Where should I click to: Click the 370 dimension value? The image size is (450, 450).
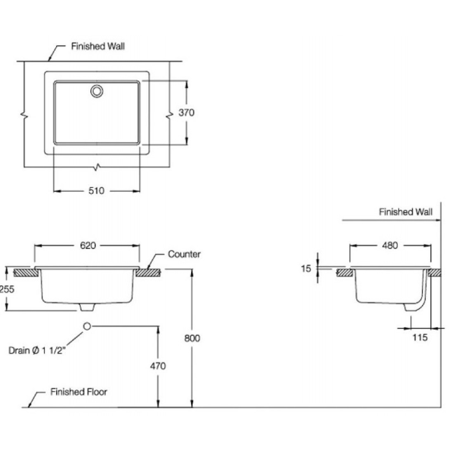point(186,112)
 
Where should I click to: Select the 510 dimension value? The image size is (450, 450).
point(96,191)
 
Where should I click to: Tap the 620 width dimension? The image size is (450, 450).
point(88,246)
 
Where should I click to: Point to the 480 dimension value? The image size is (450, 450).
point(390,246)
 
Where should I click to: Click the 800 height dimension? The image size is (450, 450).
point(192,338)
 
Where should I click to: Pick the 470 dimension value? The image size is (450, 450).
point(158,366)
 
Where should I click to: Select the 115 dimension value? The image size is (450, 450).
point(420,338)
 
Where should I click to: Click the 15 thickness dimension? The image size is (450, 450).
point(306,269)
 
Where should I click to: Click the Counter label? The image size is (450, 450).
point(184,254)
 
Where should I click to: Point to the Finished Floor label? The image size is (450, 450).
point(78,392)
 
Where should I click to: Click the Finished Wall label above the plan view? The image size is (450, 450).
point(98,46)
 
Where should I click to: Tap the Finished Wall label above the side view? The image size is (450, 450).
point(406,212)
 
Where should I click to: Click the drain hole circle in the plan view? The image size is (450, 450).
point(97,91)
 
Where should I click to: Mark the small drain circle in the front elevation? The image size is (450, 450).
point(87,326)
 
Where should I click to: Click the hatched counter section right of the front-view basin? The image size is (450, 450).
point(148,273)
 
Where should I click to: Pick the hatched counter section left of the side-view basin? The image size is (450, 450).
point(343,273)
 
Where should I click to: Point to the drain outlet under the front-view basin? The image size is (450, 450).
point(87,307)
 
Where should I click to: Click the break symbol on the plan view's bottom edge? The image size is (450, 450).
point(97,167)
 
